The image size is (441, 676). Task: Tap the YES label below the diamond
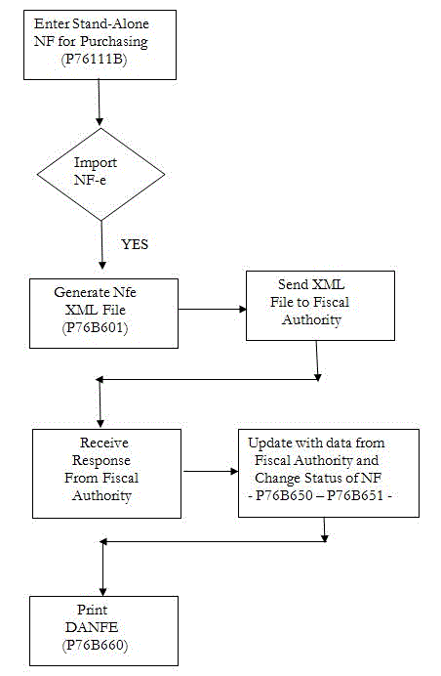[x=134, y=244]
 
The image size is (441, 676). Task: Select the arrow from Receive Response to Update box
[x=211, y=470]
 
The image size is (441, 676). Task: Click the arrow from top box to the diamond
[x=100, y=103]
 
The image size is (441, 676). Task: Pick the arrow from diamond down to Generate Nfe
[x=101, y=244]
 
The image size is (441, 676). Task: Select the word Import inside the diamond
[x=96, y=163]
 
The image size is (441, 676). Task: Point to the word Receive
[x=104, y=443]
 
